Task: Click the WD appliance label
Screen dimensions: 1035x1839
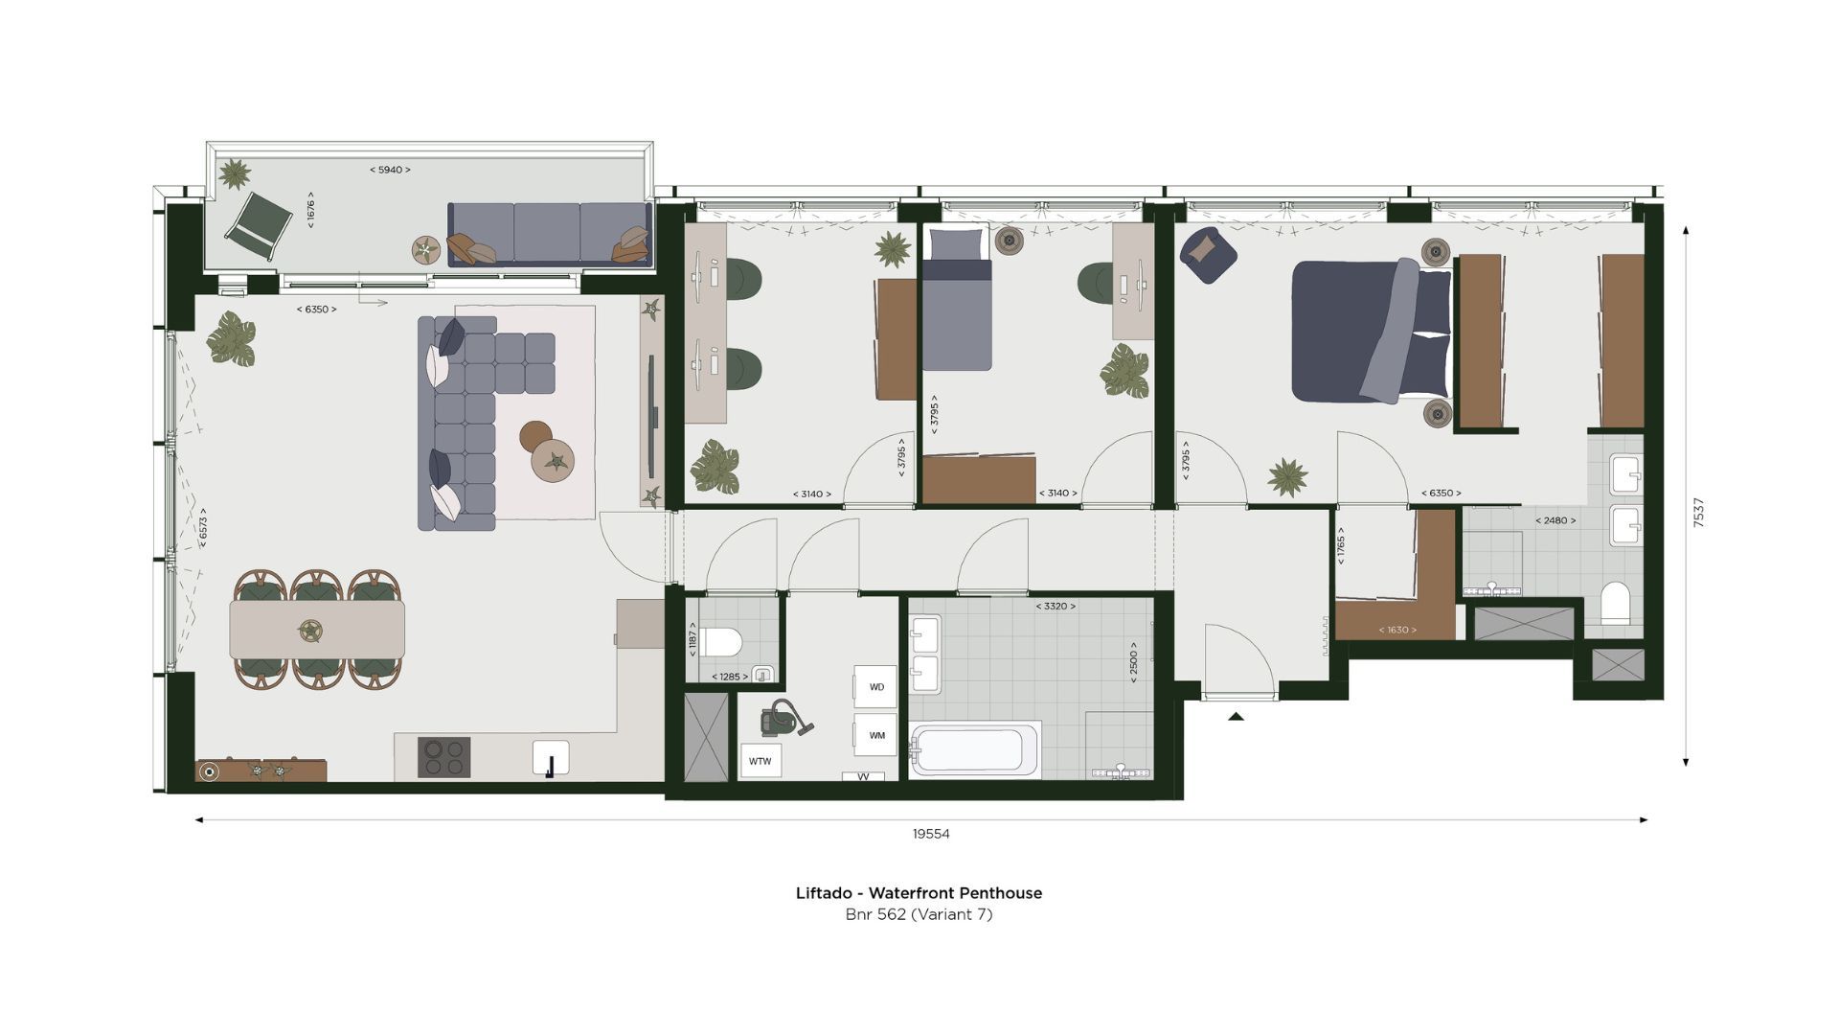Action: tap(876, 687)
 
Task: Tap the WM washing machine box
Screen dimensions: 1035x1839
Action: tap(876, 735)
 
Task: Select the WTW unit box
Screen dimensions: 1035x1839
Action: tap(761, 762)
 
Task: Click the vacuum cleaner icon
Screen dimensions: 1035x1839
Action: tap(785, 718)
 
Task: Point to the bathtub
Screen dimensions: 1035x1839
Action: tap(974, 750)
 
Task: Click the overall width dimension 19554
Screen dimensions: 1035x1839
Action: tap(930, 834)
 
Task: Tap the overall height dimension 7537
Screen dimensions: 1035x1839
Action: tap(1698, 512)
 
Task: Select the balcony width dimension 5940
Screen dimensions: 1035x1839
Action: tap(390, 170)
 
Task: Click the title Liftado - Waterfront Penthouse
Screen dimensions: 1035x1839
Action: tap(919, 892)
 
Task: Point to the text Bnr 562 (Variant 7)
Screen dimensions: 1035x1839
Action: tap(919, 914)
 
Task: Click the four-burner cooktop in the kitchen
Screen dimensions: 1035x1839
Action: tap(444, 756)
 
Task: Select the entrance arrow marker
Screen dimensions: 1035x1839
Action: tap(1236, 716)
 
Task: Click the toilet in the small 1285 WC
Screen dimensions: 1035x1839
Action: tap(721, 641)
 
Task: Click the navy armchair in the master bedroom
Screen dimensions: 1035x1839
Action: tap(1207, 254)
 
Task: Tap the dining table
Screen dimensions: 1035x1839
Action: tap(316, 630)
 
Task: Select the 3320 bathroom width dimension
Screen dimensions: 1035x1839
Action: tap(1055, 607)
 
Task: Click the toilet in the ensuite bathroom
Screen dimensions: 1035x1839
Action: tap(1615, 602)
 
